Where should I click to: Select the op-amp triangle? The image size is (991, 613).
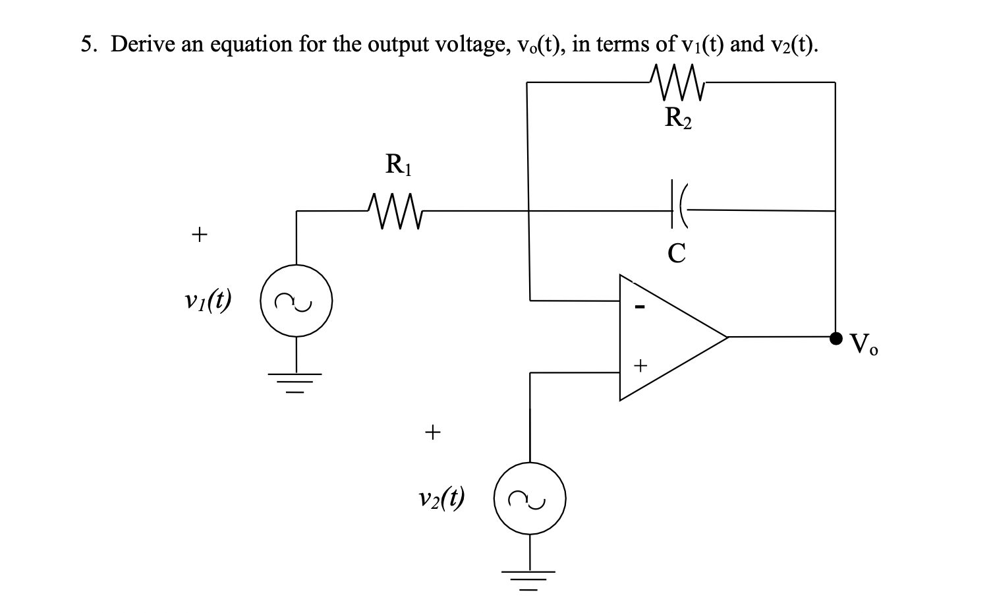point(665,337)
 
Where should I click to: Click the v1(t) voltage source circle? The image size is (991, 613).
point(296,301)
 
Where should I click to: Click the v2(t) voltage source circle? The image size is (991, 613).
point(530,499)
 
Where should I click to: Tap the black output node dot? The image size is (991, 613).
point(835,338)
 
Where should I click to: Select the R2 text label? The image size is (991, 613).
point(678,118)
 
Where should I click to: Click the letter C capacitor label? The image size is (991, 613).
point(677,252)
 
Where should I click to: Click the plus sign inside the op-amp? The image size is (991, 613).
point(640,364)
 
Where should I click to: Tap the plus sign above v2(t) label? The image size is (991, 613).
point(432,432)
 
